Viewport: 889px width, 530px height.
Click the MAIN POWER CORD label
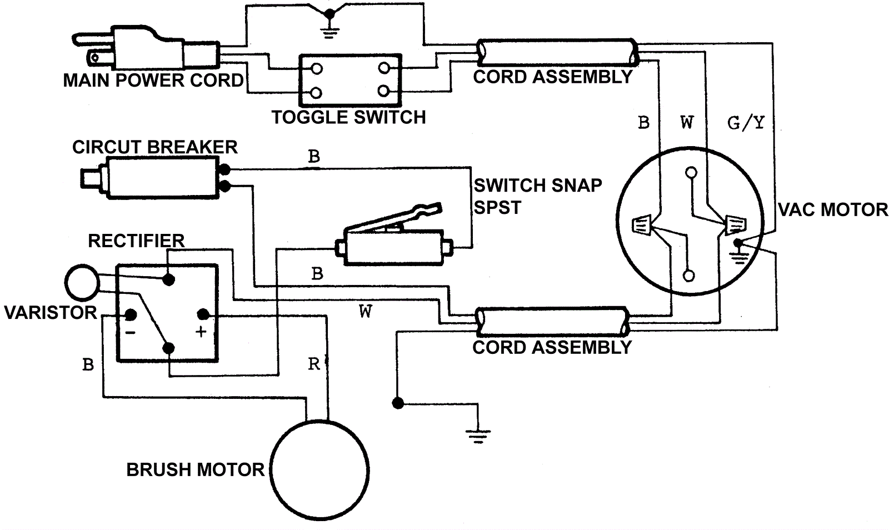coord(153,81)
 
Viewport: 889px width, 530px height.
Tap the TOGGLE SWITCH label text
coord(348,117)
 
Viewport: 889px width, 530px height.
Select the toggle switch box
coord(350,80)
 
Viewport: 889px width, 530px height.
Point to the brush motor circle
coord(320,469)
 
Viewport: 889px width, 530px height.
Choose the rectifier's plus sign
coord(201,332)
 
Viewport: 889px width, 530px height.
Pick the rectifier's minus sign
coord(130,332)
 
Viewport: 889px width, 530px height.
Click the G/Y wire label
coord(746,122)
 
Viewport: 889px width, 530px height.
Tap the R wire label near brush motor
coord(314,364)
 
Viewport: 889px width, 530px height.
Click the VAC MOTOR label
coord(832,210)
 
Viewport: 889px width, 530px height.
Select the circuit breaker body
coord(161,177)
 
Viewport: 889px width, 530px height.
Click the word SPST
coord(497,208)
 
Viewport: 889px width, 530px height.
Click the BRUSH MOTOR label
coord(196,470)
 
